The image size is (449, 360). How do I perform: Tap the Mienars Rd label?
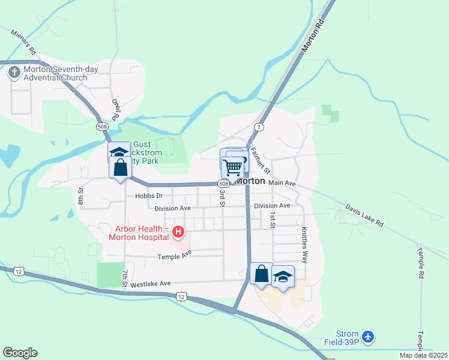(x=24, y=41)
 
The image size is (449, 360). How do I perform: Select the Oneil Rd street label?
(x=116, y=109)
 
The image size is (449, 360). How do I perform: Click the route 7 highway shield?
(x=259, y=127)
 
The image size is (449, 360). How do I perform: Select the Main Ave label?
(x=283, y=182)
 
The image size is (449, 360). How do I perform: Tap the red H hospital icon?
(x=178, y=232)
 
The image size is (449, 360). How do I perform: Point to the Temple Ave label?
(x=174, y=256)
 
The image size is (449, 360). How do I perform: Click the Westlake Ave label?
(x=151, y=283)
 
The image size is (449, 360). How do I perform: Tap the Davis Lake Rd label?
(x=364, y=215)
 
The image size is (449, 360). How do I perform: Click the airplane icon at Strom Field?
(x=369, y=338)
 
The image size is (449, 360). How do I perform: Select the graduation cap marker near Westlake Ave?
(x=283, y=277)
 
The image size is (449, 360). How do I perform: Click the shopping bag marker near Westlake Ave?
(x=262, y=274)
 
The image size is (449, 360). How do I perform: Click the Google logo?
(x=20, y=353)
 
